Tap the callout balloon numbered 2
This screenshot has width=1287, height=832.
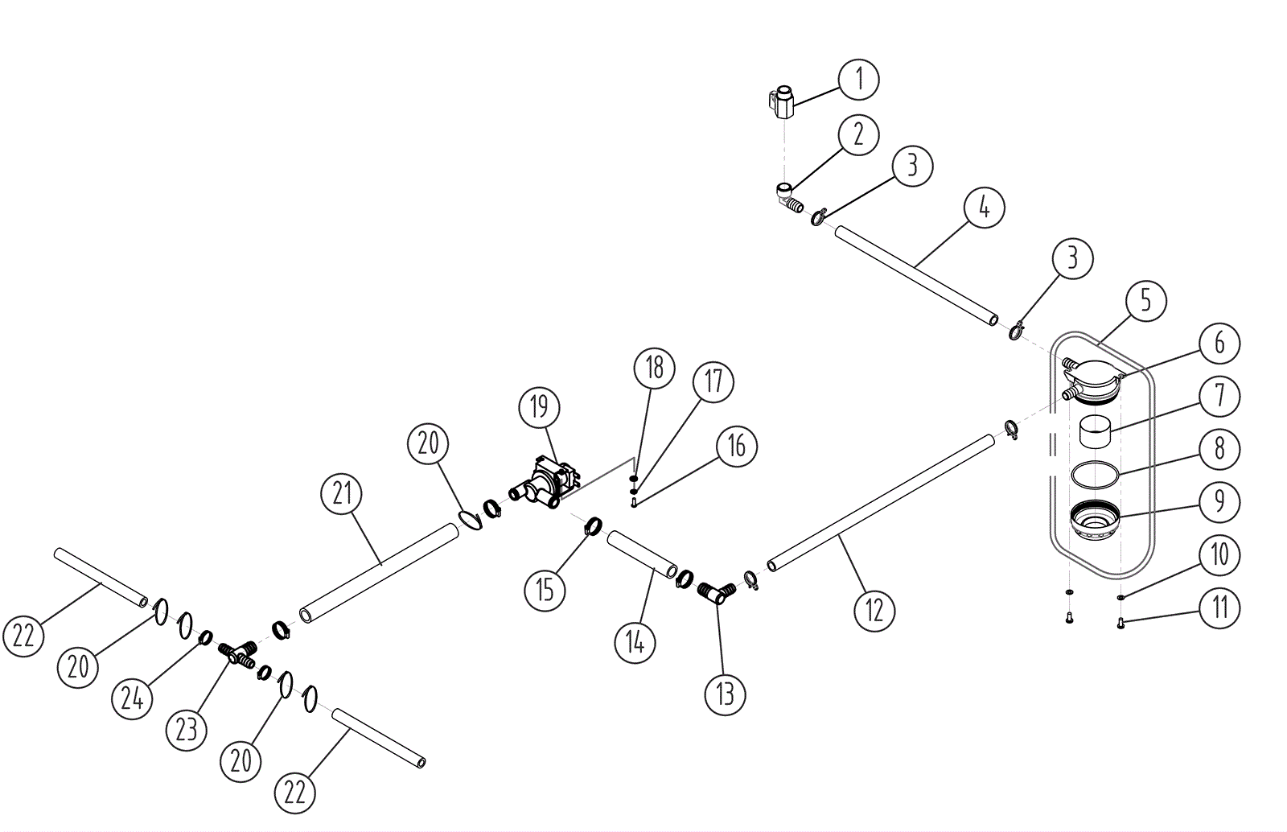coord(858,134)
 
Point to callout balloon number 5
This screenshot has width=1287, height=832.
coord(1145,301)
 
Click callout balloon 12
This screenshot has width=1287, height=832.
coord(874,609)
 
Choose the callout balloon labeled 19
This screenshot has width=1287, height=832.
coord(539,407)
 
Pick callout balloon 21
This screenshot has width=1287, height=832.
coord(343,493)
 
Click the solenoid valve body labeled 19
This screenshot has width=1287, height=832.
coord(551,481)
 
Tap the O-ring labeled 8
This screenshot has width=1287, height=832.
coord(1095,473)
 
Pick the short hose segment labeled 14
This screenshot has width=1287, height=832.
coord(642,554)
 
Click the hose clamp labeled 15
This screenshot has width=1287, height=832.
coord(593,526)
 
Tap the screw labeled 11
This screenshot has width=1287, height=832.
coord(1120,623)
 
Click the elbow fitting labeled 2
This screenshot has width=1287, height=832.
coord(787,197)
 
